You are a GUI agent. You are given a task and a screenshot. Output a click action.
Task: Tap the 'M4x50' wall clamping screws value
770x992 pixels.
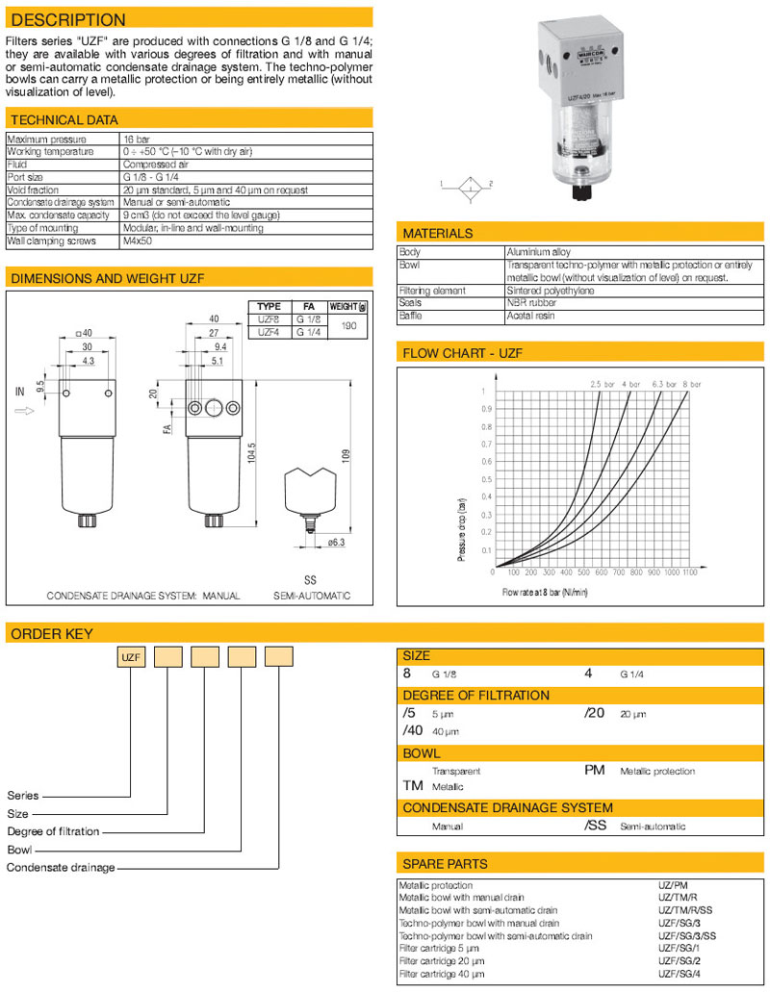pyautogui.click(x=139, y=241)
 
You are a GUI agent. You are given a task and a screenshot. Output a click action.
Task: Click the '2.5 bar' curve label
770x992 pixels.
pyautogui.click(x=603, y=384)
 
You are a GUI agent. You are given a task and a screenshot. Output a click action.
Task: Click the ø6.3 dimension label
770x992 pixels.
pyautogui.click(x=335, y=543)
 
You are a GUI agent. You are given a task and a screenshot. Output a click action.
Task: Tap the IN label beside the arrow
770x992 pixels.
pyautogui.click(x=20, y=393)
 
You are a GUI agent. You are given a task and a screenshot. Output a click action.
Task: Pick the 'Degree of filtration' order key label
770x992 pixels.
pyautogui.click(x=53, y=831)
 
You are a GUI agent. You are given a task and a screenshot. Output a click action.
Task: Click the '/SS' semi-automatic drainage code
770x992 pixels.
pyautogui.click(x=596, y=826)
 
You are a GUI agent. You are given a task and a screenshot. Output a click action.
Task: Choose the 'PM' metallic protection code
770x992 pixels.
pyautogui.click(x=595, y=770)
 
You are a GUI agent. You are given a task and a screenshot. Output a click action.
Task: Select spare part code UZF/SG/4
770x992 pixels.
pyautogui.click(x=679, y=973)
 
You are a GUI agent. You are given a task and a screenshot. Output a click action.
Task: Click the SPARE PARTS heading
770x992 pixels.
pyautogui.click(x=445, y=863)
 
